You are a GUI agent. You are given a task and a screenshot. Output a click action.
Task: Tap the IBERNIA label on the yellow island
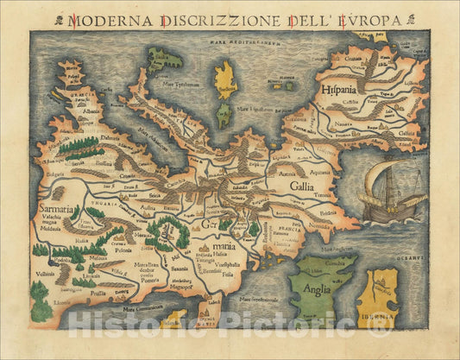tap(389, 328)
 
